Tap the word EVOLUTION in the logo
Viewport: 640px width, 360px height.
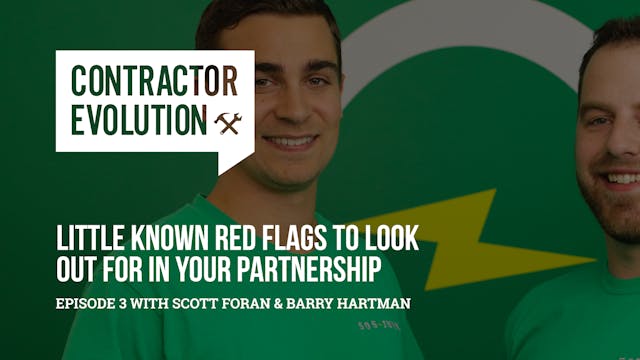tap(134, 120)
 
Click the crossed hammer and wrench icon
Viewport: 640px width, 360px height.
tap(227, 122)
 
